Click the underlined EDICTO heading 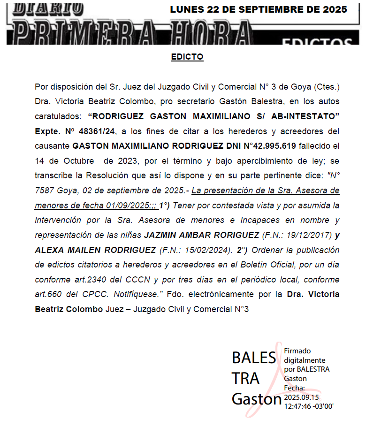[187, 57]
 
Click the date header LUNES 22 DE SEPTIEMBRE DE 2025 [259, 9]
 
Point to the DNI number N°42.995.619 [270, 146]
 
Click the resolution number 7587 [45, 191]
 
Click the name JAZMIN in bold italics [162, 235]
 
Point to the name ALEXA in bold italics [49, 250]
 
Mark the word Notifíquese [139, 295]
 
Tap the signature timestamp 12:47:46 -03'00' [309, 406]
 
